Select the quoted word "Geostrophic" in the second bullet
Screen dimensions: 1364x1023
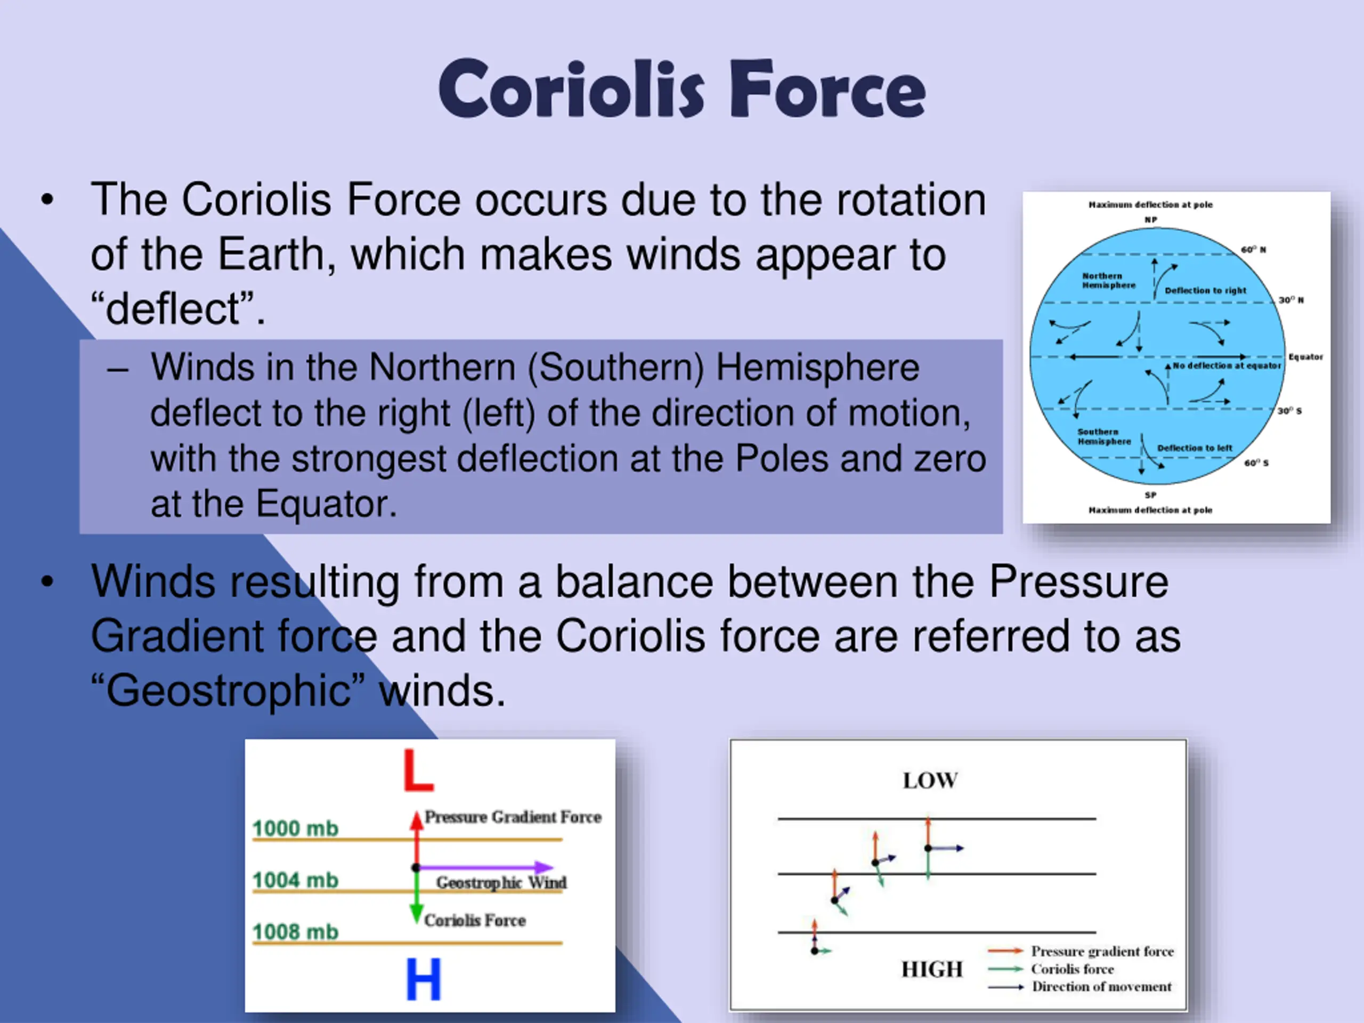pos(228,691)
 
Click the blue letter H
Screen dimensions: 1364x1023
pos(424,979)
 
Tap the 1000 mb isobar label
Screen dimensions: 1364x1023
pos(295,828)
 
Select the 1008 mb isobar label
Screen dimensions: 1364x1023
pos(295,931)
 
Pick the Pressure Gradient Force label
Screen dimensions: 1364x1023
pos(513,817)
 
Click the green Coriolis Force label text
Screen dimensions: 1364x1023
pos(475,920)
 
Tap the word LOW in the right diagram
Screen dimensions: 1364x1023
pos(930,781)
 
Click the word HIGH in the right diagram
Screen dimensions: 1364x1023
pos(932,969)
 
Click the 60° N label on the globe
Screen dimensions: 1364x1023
pos(1254,250)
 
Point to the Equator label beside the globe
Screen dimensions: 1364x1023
pos(1305,356)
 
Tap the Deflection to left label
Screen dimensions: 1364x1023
pos(1195,448)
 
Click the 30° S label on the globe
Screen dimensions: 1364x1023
pos(1289,411)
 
